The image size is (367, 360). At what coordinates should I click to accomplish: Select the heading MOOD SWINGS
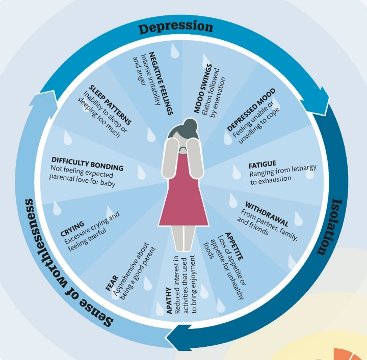[x=199, y=90]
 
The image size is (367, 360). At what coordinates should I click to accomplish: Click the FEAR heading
[x=112, y=283]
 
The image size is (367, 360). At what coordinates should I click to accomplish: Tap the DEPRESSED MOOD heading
[x=250, y=109]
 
